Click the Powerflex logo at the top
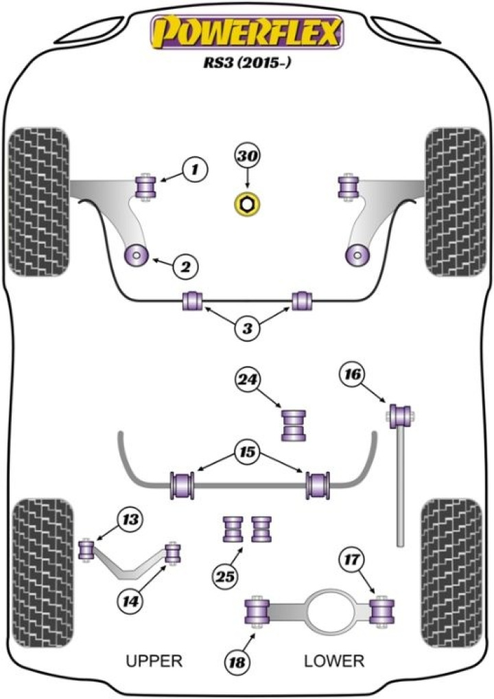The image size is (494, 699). pyautogui.click(x=247, y=34)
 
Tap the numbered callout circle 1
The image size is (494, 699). pyautogui.click(x=195, y=167)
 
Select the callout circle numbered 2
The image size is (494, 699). pyautogui.click(x=185, y=266)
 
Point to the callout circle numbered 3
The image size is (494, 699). pyautogui.click(x=247, y=329)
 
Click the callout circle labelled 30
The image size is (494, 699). pyautogui.click(x=247, y=157)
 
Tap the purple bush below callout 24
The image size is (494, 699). pyautogui.click(x=294, y=424)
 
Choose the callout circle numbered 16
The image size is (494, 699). pyautogui.click(x=352, y=374)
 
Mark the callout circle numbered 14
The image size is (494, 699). pyautogui.click(x=131, y=601)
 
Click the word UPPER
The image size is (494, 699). pyautogui.click(x=154, y=661)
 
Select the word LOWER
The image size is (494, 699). pyautogui.click(x=334, y=661)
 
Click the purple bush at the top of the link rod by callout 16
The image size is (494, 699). pyautogui.click(x=400, y=415)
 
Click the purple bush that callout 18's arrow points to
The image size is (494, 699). pyautogui.click(x=259, y=612)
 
